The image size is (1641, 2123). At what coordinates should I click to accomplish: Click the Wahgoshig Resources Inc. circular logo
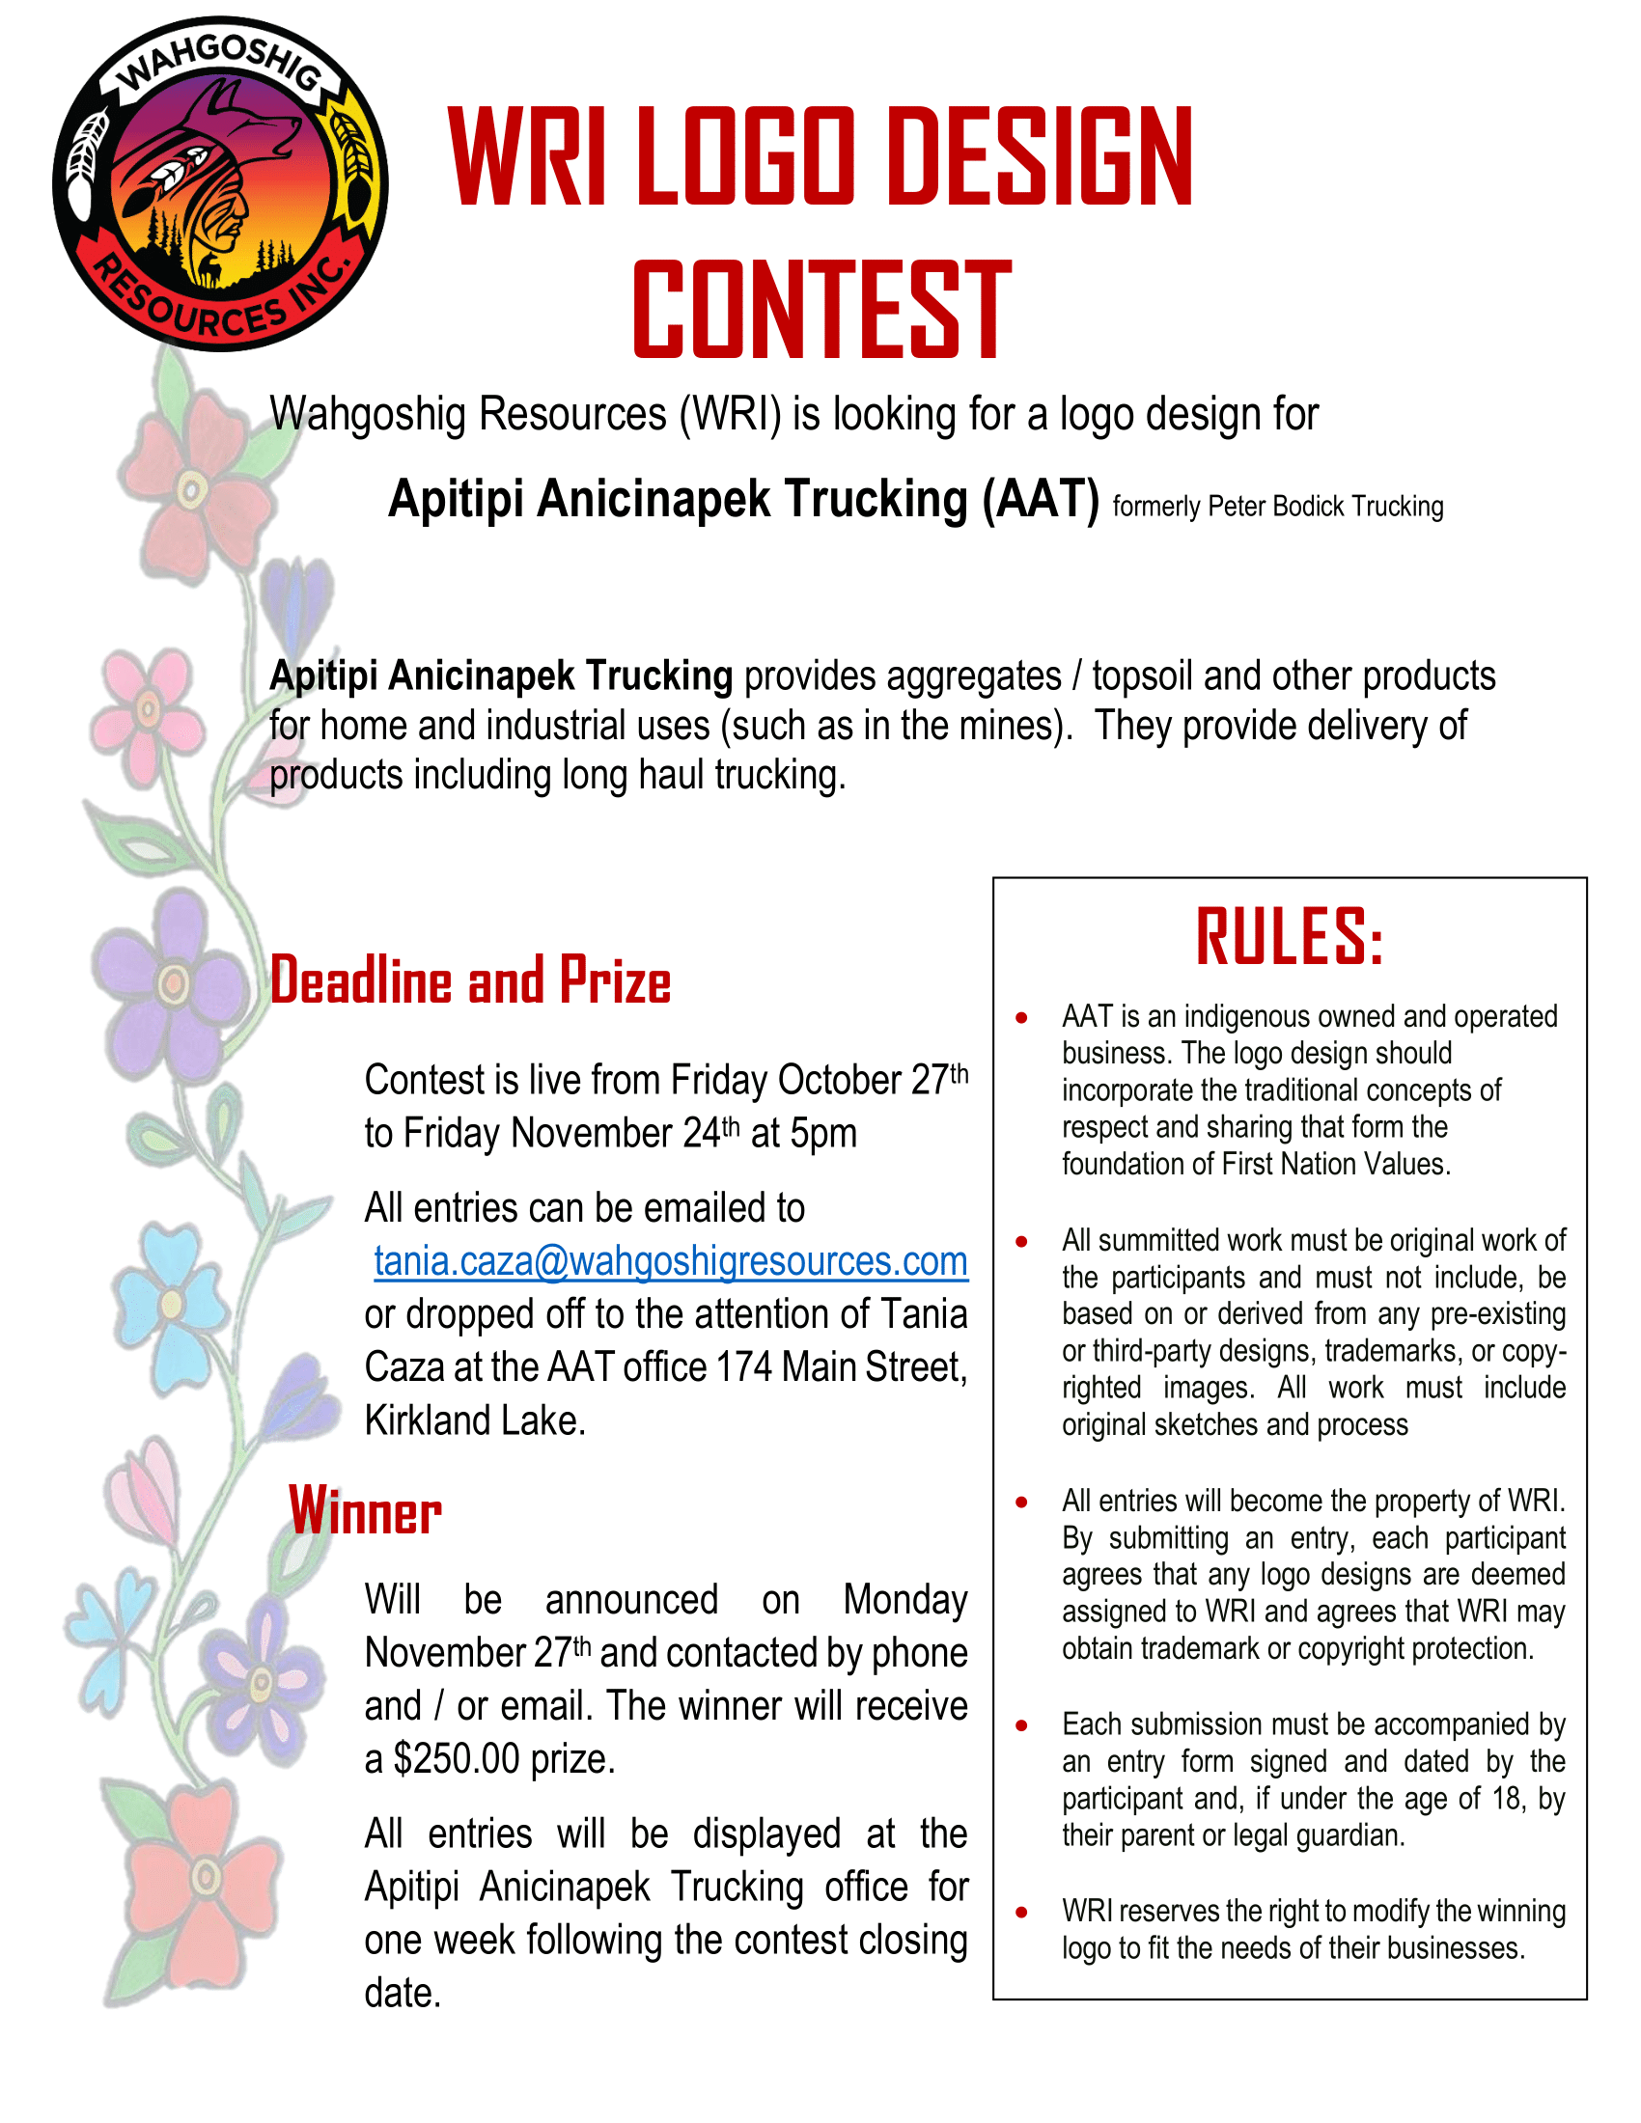(221, 183)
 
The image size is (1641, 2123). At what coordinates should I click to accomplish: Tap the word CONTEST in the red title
(821, 310)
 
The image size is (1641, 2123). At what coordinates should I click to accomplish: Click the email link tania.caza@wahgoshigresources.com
(671, 1262)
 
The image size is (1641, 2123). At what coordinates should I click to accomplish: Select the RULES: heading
(1289, 938)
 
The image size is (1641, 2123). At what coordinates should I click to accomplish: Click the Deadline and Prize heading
(470, 979)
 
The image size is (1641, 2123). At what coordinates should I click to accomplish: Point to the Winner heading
(366, 1511)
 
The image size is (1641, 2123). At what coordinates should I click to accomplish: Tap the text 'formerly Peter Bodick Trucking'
(1277, 507)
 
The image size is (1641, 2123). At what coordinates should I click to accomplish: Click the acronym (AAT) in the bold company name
(1041, 500)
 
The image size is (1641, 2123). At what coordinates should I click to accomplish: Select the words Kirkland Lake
(474, 1421)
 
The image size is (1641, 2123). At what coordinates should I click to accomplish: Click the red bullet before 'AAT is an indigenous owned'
(1021, 1018)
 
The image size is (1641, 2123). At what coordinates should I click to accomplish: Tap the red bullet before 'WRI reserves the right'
(1021, 1912)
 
